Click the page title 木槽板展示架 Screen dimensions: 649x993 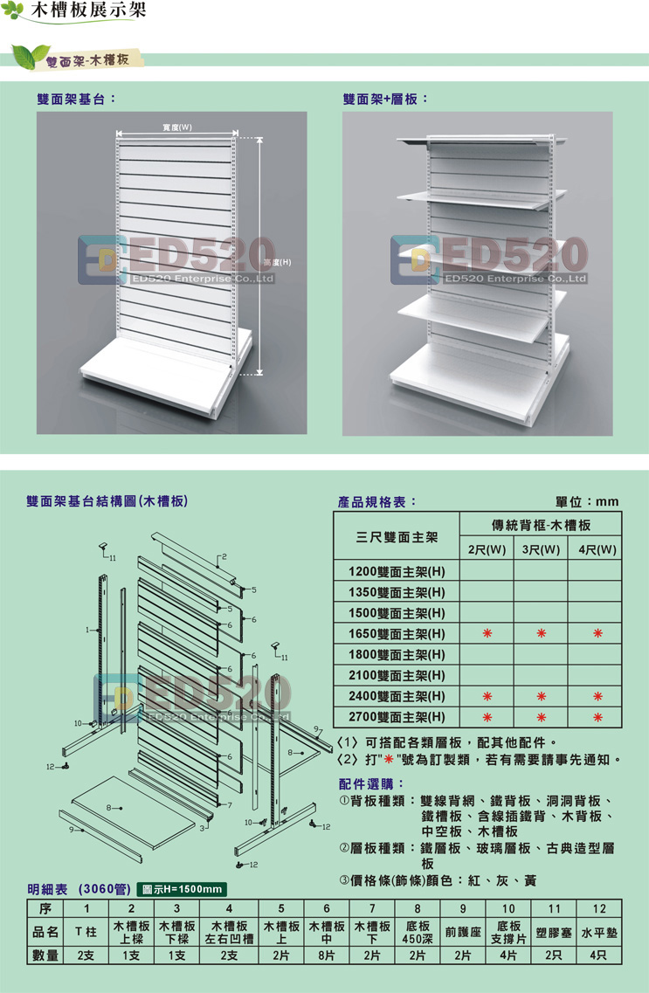coord(88,10)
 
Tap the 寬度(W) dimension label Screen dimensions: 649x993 coord(177,128)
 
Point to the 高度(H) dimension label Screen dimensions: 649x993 coord(277,262)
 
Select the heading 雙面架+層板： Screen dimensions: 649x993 coord(385,99)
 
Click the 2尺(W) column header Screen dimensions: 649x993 coord(487,549)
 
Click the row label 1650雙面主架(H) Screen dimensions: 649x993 coord(397,634)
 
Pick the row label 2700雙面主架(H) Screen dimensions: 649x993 coord(397,718)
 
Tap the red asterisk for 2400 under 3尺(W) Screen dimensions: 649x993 coord(542,697)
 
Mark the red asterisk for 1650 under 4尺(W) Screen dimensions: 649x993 coord(597,633)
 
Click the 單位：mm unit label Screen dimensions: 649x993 coord(587,501)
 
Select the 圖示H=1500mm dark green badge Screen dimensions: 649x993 coord(182,889)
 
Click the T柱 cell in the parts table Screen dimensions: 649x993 coord(86,932)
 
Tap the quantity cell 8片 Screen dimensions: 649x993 coord(327,955)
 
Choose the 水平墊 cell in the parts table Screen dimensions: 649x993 coord(599,933)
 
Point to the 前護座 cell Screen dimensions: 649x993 coord(463,932)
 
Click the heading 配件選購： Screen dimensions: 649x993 coord(371,784)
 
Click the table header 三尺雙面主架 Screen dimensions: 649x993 coord(397,537)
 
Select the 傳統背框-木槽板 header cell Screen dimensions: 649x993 coord(542,525)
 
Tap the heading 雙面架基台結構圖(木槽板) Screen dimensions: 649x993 coord(107,501)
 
